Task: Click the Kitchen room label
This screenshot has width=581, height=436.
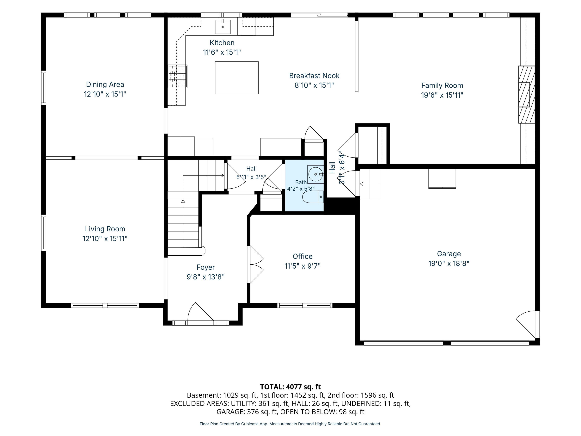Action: point(222,43)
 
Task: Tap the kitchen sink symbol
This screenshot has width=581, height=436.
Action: point(223,26)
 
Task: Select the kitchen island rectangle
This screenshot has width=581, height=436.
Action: point(237,78)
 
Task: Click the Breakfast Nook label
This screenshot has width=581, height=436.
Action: point(314,76)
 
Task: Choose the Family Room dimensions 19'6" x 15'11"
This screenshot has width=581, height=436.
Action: point(442,95)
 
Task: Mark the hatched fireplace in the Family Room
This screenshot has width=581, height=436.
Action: point(526,94)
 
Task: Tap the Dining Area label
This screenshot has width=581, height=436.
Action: point(105,84)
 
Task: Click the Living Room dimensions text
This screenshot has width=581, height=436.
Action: point(105,239)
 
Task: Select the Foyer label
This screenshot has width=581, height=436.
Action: point(206,267)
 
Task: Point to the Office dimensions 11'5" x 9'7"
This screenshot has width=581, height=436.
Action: point(303,266)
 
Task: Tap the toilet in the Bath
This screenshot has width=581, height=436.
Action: point(313,197)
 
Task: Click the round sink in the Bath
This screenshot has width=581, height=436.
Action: point(315,174)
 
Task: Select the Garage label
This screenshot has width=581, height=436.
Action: point(449,254)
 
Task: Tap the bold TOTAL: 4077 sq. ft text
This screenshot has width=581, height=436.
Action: point(290,387)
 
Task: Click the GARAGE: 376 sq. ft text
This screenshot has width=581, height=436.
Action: point(247,412)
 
